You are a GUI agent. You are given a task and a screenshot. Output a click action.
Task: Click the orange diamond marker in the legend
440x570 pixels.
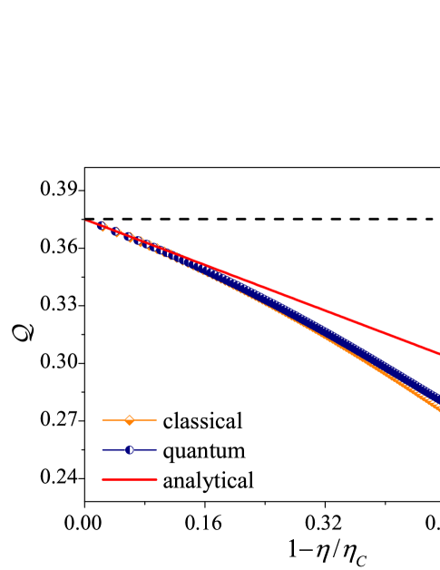pyautogui.click(x=130, y=419)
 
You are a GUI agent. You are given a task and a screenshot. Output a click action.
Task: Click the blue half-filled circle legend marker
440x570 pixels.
pyautogui.click(x=130, y=449)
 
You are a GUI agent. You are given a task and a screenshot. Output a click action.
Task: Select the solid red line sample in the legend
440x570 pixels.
pyautogui.click(x=130, y=478)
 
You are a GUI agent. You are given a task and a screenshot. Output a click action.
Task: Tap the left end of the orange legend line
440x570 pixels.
pyautogui.click(x=103, y=419)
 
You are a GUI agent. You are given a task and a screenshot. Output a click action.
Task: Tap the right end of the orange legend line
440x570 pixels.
pyautogui.click(x=156, y=419)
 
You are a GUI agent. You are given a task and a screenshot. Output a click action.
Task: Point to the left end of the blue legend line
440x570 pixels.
pyautogui.click(x=103, y=449)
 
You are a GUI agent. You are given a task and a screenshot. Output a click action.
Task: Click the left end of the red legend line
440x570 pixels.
pyautogui.click(x=103, y=478)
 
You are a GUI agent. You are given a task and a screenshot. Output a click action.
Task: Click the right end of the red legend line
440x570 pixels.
pyautogui.click(x=156, y=478)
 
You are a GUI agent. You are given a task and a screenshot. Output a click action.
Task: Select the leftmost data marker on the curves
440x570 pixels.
pyautogui.click(x=104, y=226)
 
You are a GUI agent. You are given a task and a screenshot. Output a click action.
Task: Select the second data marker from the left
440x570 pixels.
pyautogui.click(x=118, y=231)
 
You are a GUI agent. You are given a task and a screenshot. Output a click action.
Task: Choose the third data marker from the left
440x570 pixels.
pyautogui.click(x=131, y=237)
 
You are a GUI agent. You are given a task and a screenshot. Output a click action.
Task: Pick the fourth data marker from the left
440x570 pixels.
pyautogui.click(x=141, y=241)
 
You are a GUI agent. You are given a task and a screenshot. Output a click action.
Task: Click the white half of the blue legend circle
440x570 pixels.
pyautogui.click(x=132, y=449)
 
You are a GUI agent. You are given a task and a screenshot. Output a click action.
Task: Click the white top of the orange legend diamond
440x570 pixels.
pyautogui.click(x=130, y=417)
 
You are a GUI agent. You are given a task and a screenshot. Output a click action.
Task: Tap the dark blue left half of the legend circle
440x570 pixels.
pyautogui.click(x=127, y=449)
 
